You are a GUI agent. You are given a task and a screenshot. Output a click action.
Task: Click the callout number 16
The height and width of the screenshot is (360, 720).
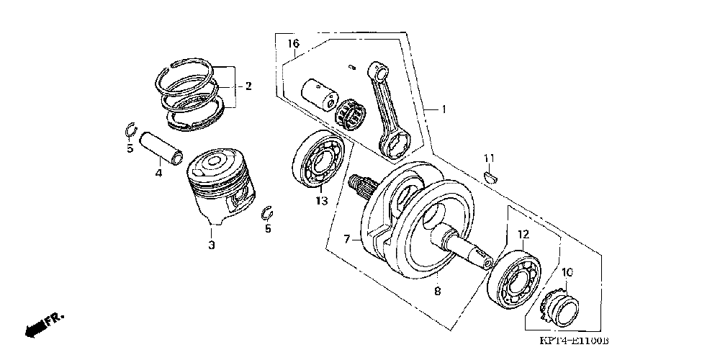click(294, 44)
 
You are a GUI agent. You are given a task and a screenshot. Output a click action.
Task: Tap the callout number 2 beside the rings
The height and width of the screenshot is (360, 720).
click(248, 86)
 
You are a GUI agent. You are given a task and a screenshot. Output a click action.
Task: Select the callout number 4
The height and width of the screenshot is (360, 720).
click(158, 173)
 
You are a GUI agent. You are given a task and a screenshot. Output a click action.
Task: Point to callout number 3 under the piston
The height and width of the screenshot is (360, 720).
click(212, 246)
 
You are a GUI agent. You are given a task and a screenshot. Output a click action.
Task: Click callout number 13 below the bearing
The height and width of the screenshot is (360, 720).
click(321, 202)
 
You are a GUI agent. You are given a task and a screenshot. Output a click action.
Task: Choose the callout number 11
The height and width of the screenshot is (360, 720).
click(489, 158)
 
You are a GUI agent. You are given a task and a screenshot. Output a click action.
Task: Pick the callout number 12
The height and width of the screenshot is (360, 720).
click(523, 234)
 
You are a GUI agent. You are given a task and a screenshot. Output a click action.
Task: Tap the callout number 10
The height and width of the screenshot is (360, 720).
click(567, 272)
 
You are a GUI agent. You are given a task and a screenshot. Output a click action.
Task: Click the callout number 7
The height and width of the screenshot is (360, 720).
click(346, 238)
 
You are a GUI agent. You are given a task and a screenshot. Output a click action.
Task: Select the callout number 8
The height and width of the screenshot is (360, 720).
click(437, 292)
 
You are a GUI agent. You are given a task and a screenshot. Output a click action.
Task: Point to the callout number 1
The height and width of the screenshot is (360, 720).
click(444, 109)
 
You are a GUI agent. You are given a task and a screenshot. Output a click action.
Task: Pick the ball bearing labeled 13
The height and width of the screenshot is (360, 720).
click(318, 161)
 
